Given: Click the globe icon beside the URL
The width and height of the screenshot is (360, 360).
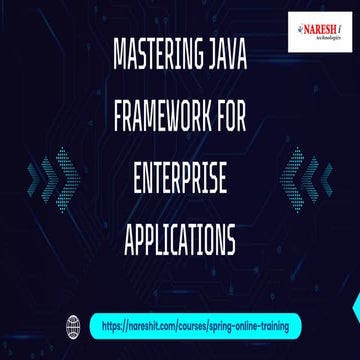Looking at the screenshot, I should point(71,323).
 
